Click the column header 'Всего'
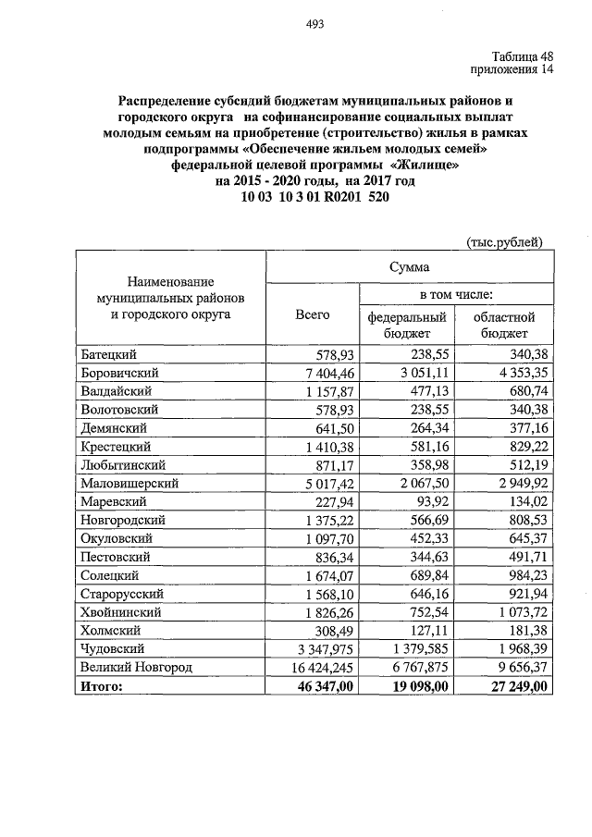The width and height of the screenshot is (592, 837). tap(312, 315)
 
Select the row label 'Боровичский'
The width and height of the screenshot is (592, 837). tap(121, 373)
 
